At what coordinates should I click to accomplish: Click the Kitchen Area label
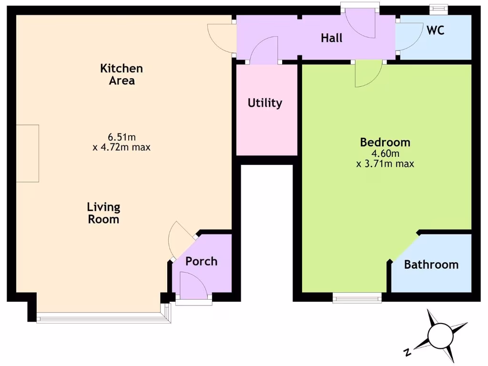(x=122, y=74)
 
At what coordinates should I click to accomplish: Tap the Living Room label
(x=103, y=213)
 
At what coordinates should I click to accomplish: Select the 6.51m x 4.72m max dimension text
(x=122, y=142)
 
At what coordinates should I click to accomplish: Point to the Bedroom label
(x=385, y=142)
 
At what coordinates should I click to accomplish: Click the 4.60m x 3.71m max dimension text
(x=385, y=159)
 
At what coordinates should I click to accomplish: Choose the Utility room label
(x=265, y=103)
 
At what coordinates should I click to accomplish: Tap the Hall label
(x=331, y=38)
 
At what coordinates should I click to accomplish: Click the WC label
(x=436, y=30)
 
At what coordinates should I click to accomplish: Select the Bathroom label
(x=431, y=264)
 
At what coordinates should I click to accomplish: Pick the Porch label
(x=201, y=261)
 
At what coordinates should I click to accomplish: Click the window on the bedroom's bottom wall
(x=357, y=298)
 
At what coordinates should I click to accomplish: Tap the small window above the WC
(x=439, y=8)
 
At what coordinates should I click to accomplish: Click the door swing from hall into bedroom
(x=368, y=74)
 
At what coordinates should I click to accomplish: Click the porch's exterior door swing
(x=193, y=285)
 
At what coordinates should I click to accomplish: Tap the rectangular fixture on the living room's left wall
(x=28, y=153)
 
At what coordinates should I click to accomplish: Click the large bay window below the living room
(x=102, y=317)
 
